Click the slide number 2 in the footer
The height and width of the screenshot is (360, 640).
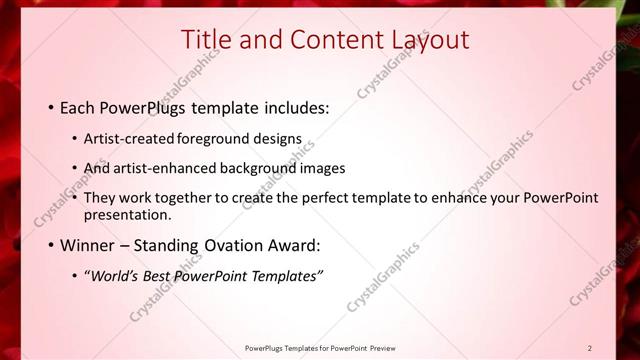(x=589, y=348)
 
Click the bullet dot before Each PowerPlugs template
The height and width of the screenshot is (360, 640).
(x=51, y=106)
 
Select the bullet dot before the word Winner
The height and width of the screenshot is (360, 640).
(x=51, y=245)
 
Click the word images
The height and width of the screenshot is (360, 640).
(x=321, y=168)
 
